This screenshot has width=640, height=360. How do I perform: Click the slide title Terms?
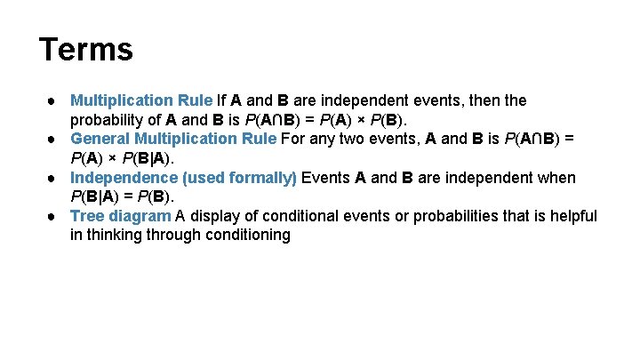coord(86,49)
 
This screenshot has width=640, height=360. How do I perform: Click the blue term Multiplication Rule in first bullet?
coord(141,100)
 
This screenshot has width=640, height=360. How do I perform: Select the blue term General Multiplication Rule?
coord(173,139)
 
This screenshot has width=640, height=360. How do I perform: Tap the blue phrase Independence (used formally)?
coord(184,178)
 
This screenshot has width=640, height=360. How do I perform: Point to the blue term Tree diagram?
coord(120,216)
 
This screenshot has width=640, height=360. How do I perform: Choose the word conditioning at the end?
coord(245,236)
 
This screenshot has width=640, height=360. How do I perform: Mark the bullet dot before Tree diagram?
coord(55,216)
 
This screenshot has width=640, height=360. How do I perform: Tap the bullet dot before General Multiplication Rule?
coord(55,139)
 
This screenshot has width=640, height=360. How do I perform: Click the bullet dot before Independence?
coord(55,178)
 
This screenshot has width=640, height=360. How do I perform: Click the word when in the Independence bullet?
coord(557,178)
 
